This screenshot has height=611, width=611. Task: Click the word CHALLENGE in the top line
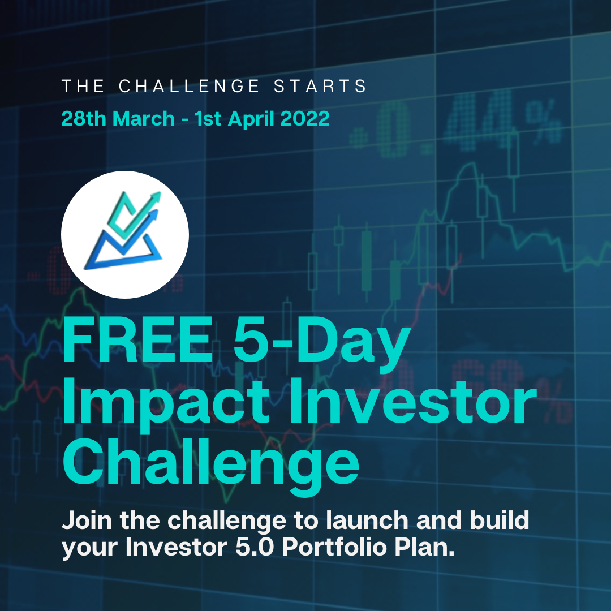coord(188,86)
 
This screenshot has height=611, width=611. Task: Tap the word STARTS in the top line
coord(320,86)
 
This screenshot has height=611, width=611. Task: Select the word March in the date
coord(143,118)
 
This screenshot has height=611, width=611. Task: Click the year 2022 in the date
coord(305,118)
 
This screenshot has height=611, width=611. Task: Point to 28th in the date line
coord(84,118)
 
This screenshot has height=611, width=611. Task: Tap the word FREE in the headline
coord(137,340)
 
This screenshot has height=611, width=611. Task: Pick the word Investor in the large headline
coord(413,401)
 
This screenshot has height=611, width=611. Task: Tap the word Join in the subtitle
coord(87,520)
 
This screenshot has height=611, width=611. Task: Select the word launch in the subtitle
coord(367,520)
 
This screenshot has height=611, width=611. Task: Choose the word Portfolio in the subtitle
coord(334,548)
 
